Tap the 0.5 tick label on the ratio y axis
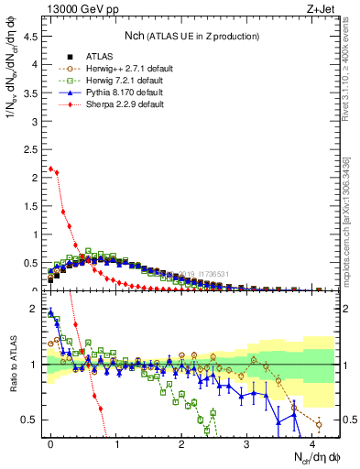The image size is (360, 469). pos(32,420)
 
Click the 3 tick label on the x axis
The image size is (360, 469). pos(246,442)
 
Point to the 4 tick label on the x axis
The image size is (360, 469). pos(312,442)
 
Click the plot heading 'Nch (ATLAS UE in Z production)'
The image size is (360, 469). pos(192,37)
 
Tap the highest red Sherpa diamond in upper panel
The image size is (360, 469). pos(50,169)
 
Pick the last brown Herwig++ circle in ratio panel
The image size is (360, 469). pos(319,424)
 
